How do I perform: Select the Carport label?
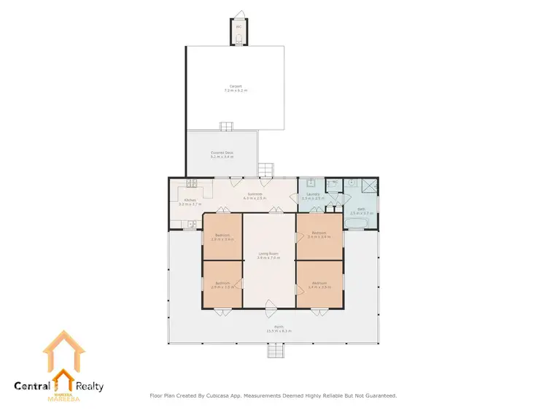[x=235, y=86]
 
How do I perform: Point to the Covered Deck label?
[x=222, y=153]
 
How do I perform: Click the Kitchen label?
[x=190, y=201]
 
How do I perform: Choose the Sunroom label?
[x=255, y=194]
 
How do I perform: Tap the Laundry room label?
[x=311, y=194]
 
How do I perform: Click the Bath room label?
[x=361, y=210]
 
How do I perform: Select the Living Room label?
[x=269, y=254]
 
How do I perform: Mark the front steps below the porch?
[x=275, y=352]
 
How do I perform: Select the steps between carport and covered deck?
[x=227, y=126]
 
